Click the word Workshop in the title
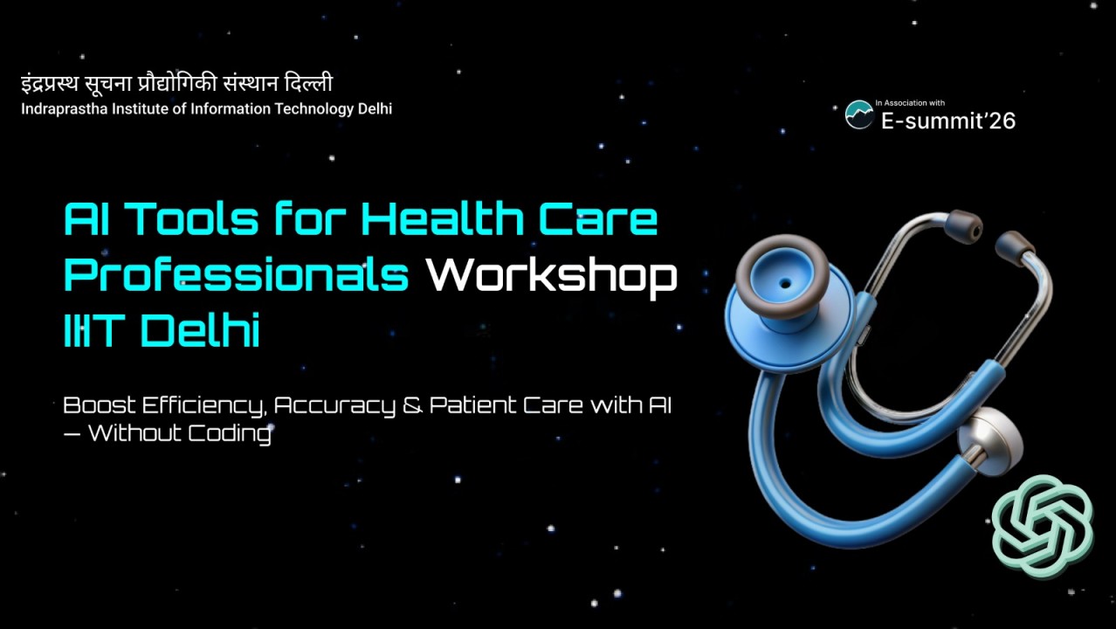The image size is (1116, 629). [x=551, y=276]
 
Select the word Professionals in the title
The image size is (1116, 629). [x=237, y=276]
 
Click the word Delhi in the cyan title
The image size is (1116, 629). [x=200, y=332]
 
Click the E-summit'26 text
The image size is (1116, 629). [x=947, y=121]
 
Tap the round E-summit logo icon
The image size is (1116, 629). [x=859, y=114]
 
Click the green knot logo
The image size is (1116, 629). [x=1044, y=526]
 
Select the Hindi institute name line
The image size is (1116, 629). [x=177, y=85]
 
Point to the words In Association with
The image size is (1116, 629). [x=910, y=103]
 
